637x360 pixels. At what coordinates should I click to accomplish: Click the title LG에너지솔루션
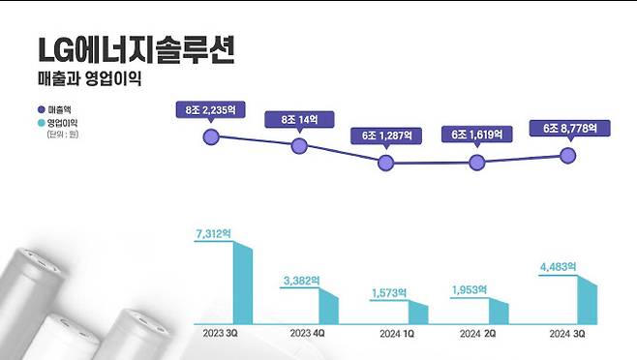coord(135,50)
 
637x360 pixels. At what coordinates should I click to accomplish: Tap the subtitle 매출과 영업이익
coord(89,81)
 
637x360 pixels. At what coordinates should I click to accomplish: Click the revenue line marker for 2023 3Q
coord(211,136)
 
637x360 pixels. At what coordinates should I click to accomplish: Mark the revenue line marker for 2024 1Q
coord(386,163)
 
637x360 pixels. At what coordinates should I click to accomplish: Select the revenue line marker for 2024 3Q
coord(569,154)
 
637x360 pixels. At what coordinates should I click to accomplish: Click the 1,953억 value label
coord(473,289)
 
